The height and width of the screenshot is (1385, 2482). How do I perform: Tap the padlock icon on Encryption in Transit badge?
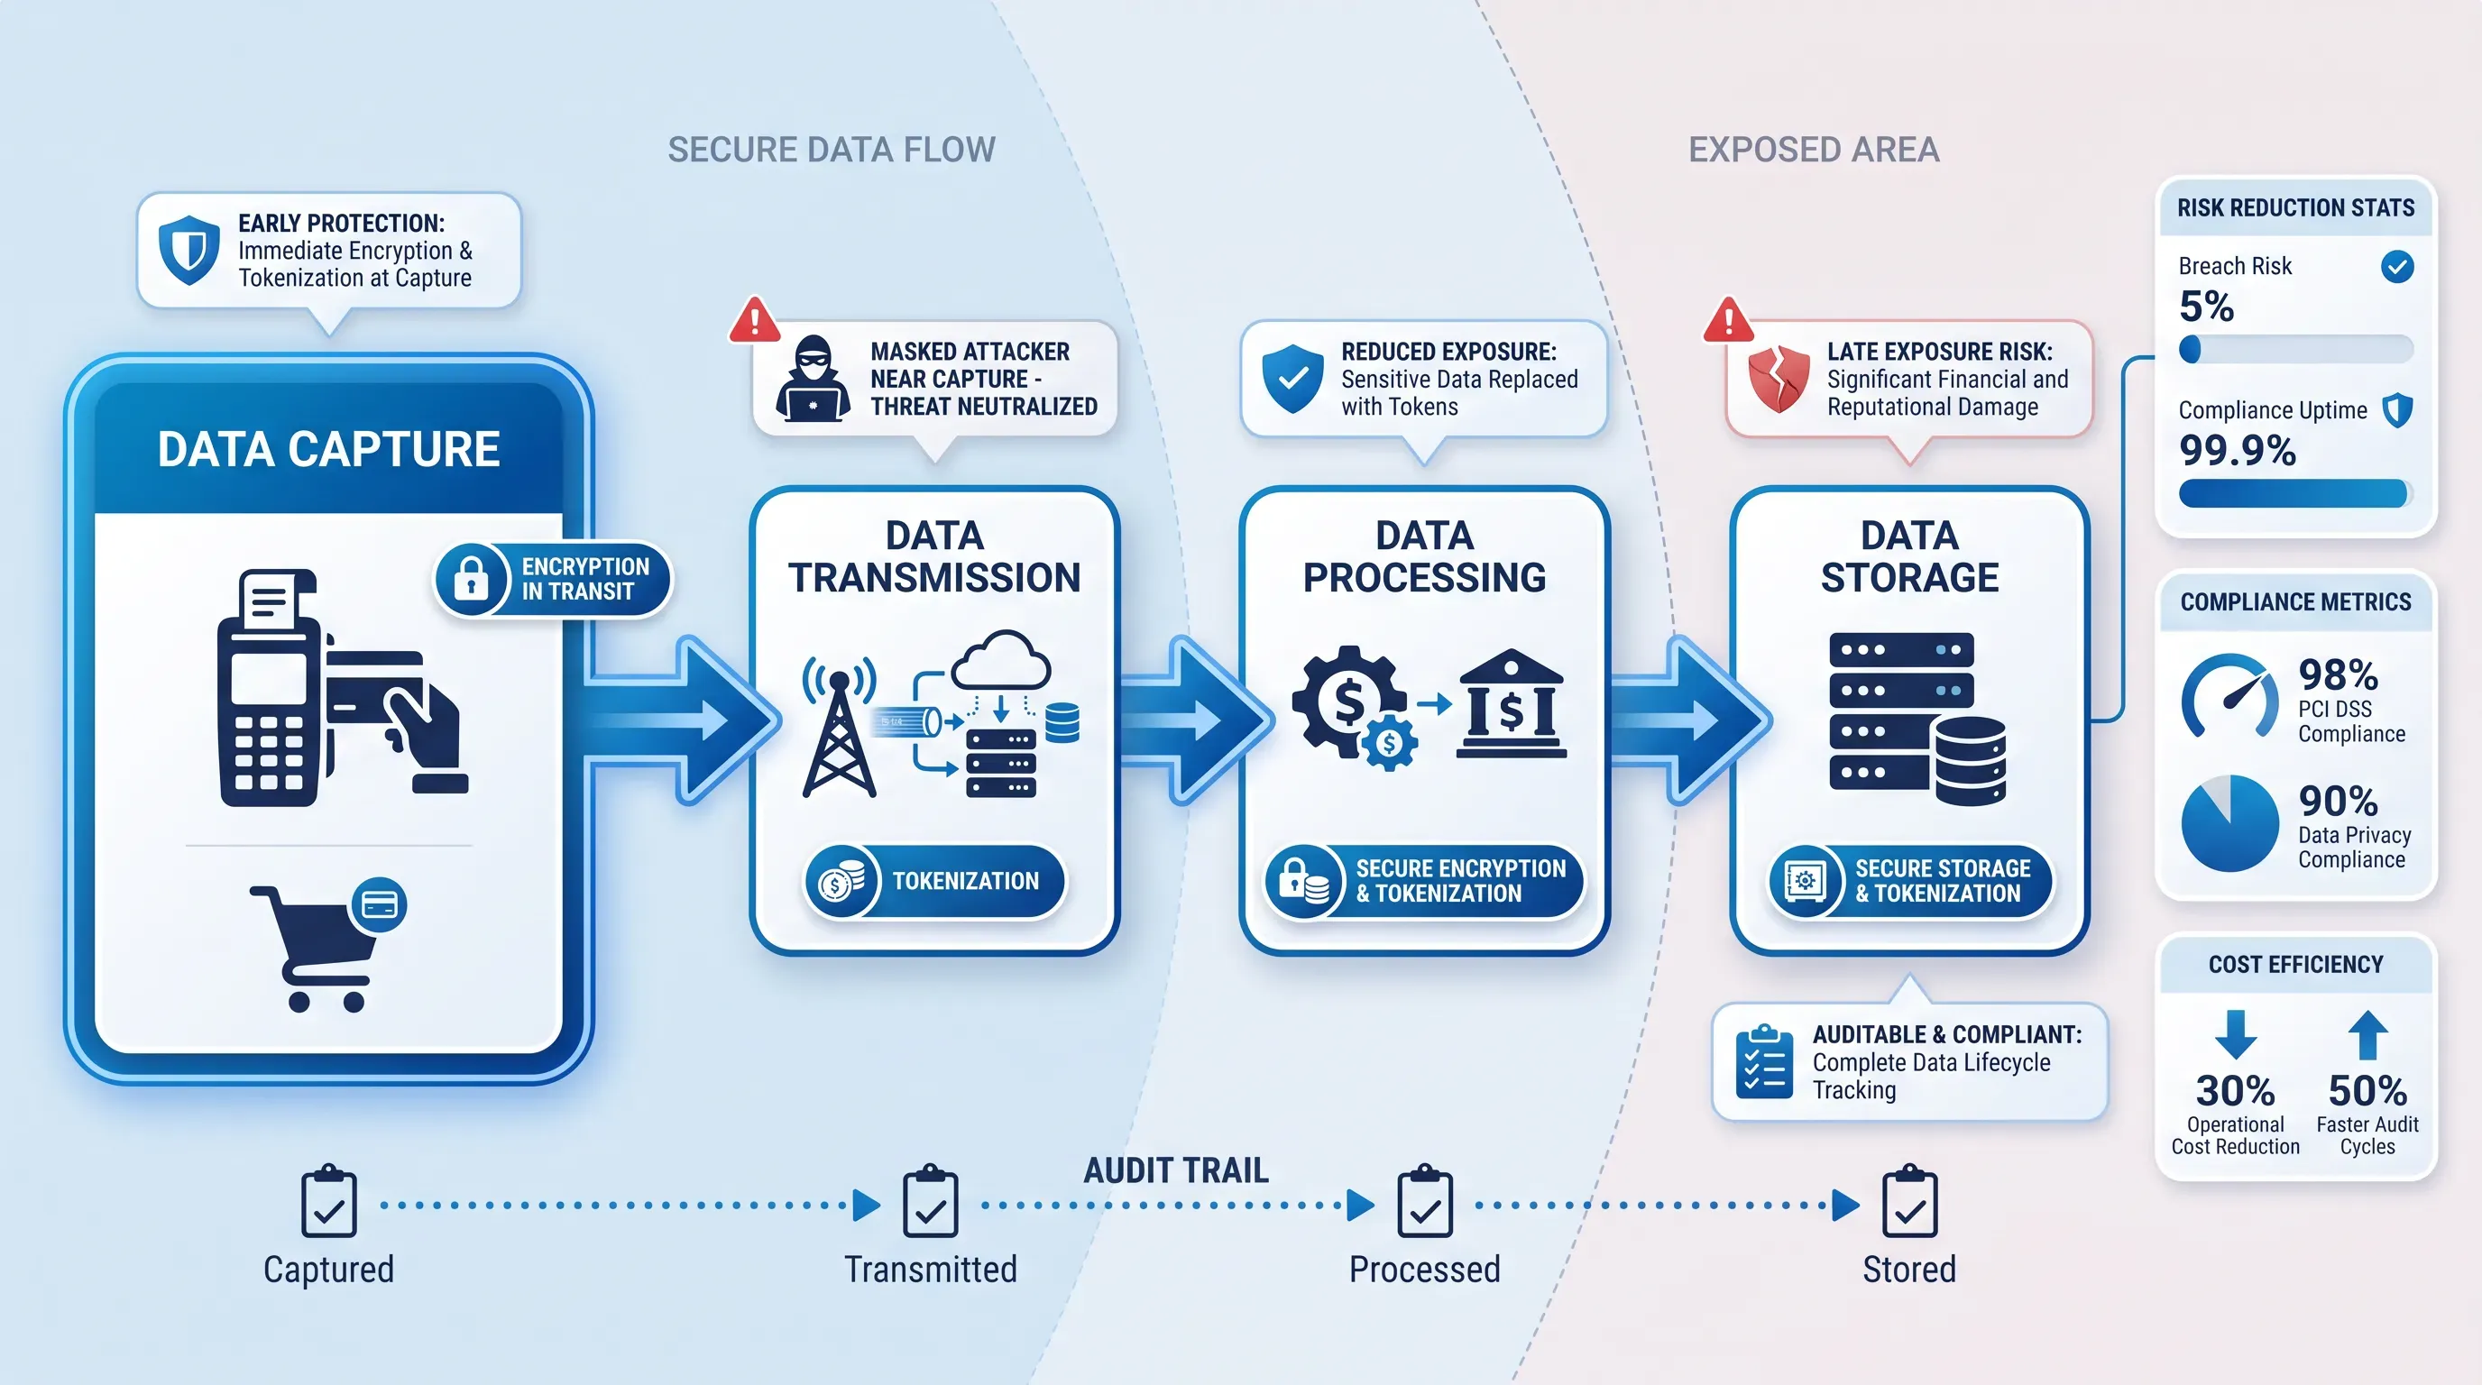471,579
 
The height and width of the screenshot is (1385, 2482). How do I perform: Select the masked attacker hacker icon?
814,379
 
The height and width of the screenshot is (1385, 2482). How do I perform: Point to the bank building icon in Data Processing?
1511,703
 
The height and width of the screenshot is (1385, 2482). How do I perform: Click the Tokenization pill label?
934,881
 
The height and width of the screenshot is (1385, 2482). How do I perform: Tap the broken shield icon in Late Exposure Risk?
1779,379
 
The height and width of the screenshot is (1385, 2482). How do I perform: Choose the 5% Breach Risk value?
2206,307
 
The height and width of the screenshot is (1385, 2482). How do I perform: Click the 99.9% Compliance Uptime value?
2238,451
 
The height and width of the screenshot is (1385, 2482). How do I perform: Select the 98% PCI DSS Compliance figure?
2338,674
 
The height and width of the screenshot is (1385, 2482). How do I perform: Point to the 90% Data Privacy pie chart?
2229,823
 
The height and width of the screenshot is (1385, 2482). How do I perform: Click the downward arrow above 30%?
2236,1034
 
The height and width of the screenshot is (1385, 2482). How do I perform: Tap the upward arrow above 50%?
2367,1034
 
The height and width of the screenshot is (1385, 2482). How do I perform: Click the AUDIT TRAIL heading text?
1175,1170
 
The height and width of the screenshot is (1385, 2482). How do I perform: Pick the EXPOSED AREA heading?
1814,151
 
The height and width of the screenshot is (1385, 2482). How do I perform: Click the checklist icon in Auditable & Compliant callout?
1763,1062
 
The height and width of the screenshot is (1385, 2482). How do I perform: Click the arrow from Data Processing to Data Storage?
1691,720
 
